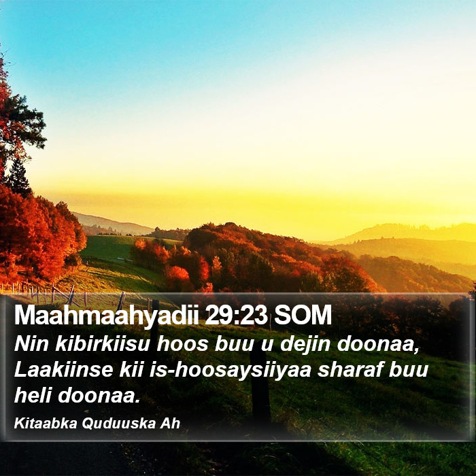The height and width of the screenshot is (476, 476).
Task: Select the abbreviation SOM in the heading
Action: [x=303, y=316]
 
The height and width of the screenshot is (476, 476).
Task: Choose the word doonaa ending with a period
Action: [x=99, y=396]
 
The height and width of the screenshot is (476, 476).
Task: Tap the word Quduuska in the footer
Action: [x=119, y=424]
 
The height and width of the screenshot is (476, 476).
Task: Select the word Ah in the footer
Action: [x=170, y=424]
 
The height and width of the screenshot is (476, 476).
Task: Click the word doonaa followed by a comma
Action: [x=378, y=345]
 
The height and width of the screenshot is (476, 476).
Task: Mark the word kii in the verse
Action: [x=131, y=370]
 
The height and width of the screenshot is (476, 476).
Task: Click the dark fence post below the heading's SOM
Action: [x=260, y=386]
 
